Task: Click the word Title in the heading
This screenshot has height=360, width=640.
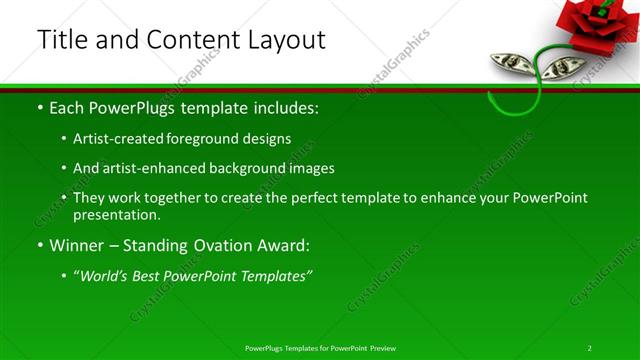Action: (61, 40)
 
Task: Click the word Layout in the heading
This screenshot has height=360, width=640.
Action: (282, 40)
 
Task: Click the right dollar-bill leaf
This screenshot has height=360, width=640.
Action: (566, 67)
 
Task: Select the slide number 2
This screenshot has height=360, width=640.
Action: (590, 348)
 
